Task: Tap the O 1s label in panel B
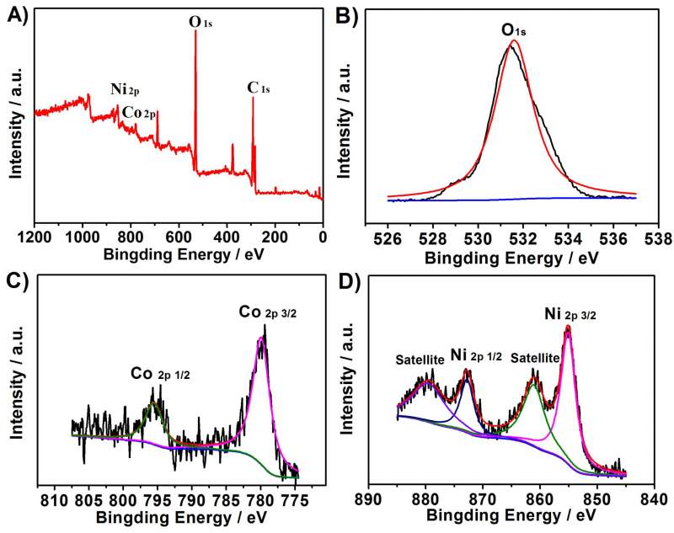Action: pos(520,31)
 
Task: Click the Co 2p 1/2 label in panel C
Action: pos(160,372)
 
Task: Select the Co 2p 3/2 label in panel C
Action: pos(264,313)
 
